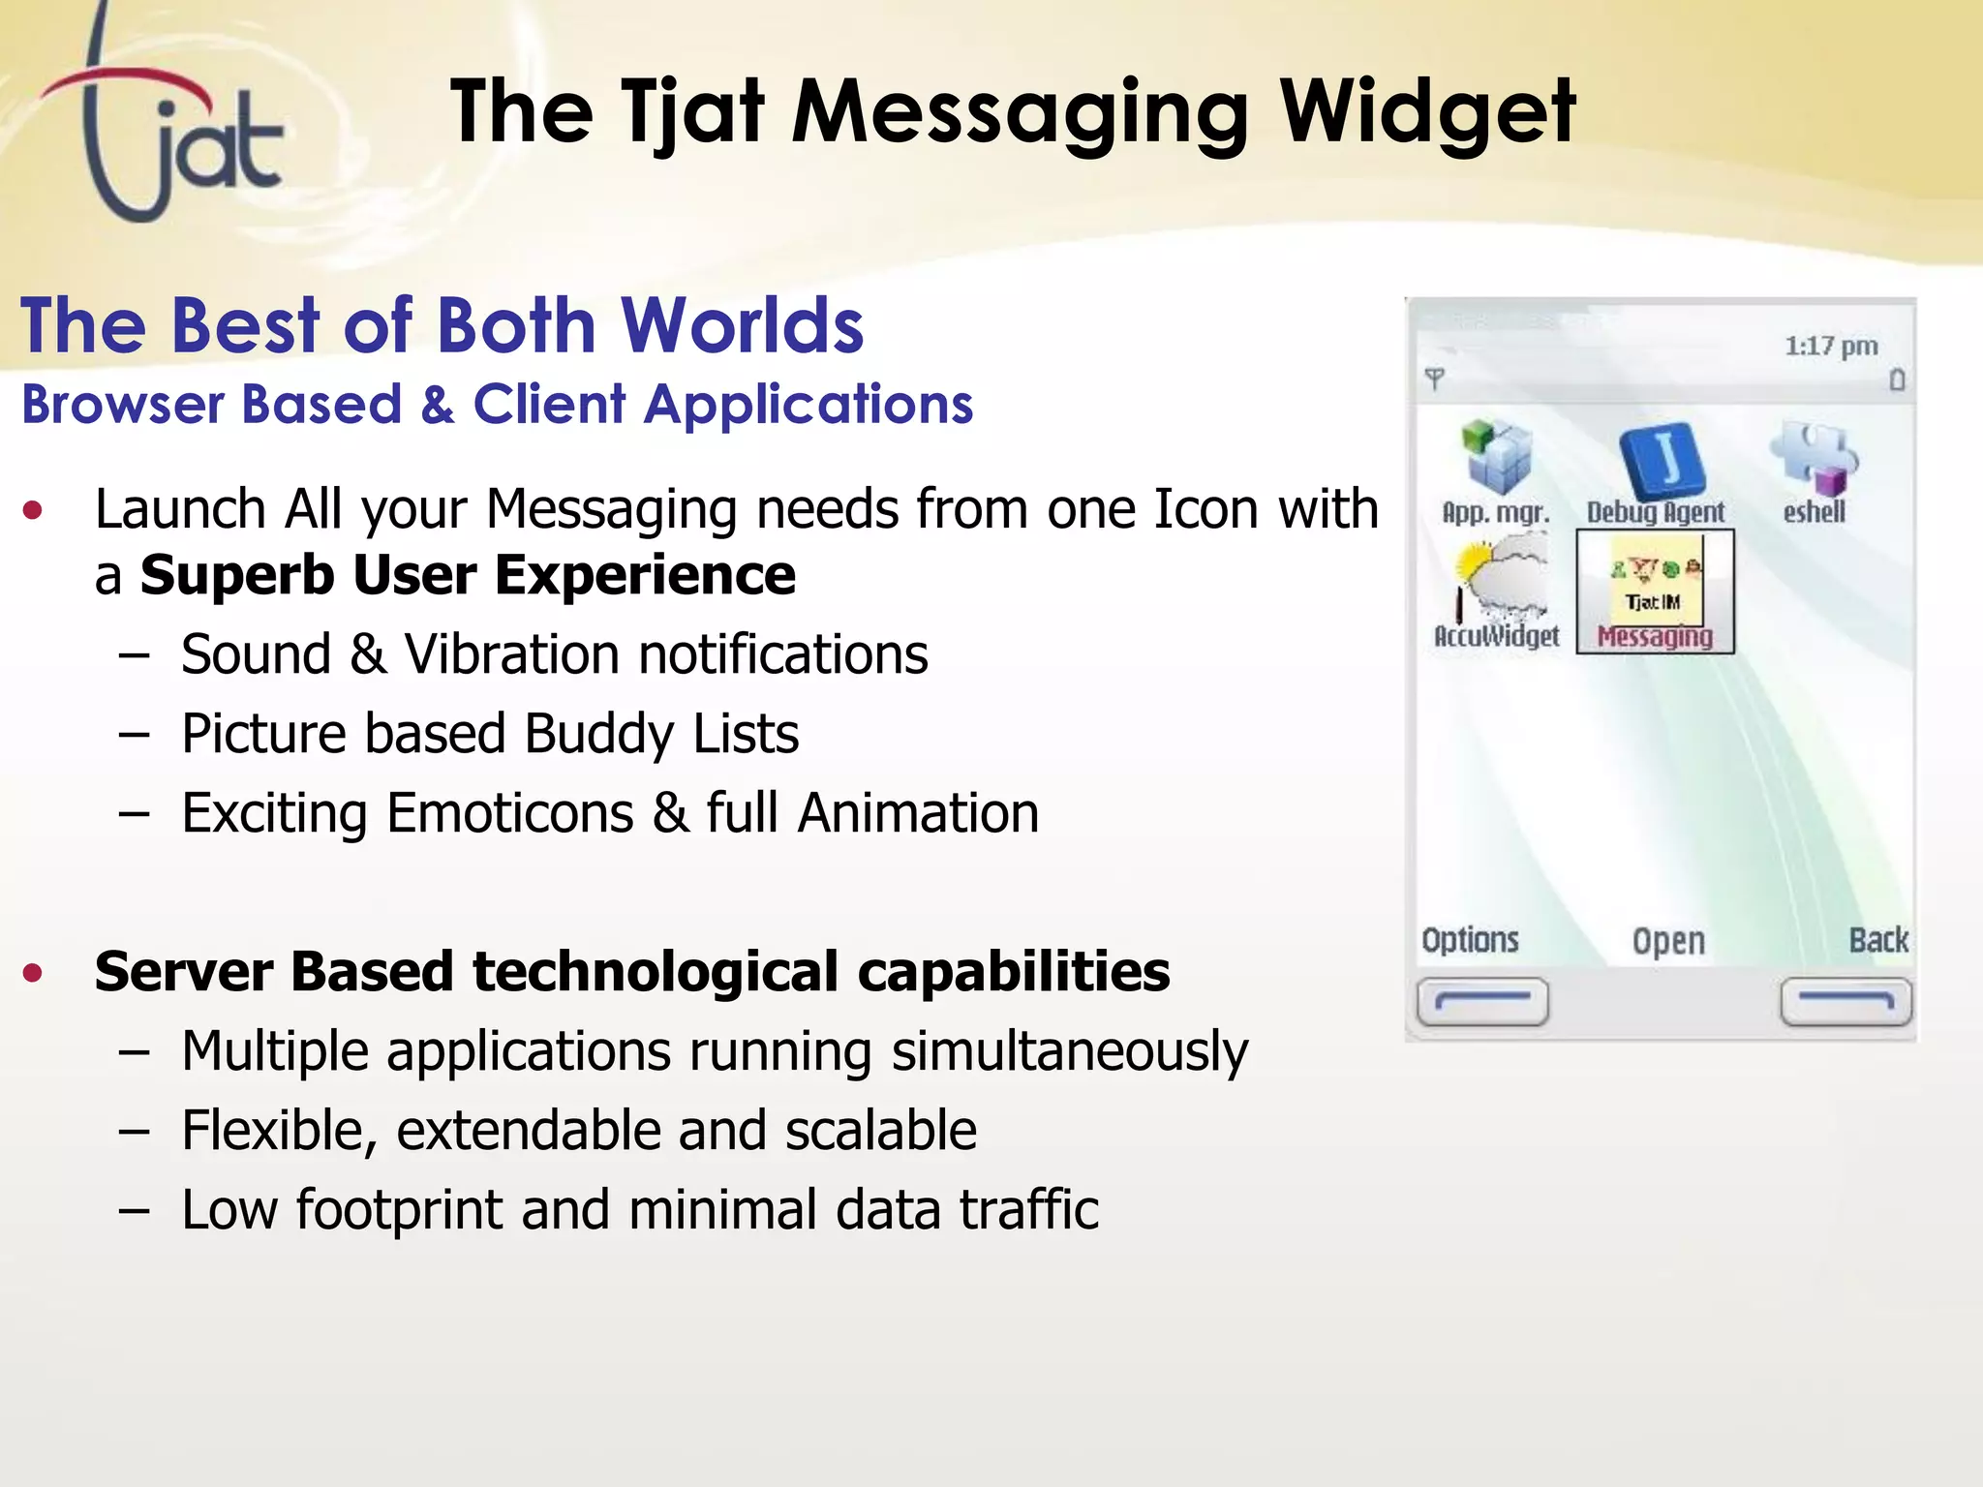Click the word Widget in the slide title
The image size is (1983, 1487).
[x=1428, y=114]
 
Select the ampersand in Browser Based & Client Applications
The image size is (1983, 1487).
[x=438, y=405]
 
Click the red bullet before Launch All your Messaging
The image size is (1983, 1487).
[x=34, y=510]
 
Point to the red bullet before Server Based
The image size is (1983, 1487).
[x=34, y=972]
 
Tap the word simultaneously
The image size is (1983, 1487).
[x=1069, y=1051]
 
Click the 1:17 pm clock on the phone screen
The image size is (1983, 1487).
[x=1830, y=347]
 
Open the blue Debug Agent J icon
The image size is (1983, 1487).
[x=1661, y=459]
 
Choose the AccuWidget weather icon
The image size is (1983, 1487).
[x=1496, y=586]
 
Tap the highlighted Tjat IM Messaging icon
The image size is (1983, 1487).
[x=1655, y=591]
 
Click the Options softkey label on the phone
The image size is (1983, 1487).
[x=1470, y=940]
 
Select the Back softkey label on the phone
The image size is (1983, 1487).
[x=1878, y=940]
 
